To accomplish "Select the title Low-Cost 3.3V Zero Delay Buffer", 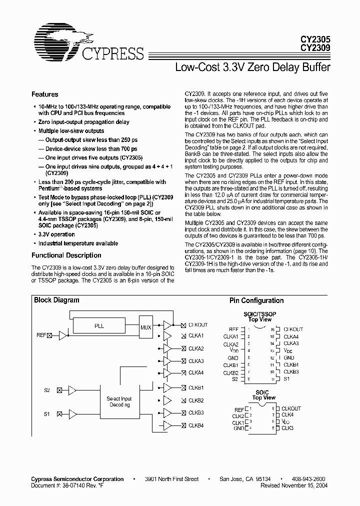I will (x=252, y=66).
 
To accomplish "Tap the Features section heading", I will (x=44, y=94).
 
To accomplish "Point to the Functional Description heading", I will (x=66, y=255).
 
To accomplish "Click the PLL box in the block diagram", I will (x=99, y=325).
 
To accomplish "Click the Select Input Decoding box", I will (x=119, y=401).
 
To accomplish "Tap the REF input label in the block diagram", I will (x=41, y=335).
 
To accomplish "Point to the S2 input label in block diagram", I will (x=46, y=389).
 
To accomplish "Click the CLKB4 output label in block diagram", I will (x=196, y=425).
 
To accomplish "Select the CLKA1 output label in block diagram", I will (x=196, y=336).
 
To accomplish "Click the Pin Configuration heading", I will (x=256, y=300).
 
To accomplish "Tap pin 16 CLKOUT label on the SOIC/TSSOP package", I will (x=293, y=329).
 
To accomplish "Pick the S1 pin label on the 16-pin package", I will (x=287, y=379).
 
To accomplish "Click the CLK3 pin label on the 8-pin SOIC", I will (x=287, y=428).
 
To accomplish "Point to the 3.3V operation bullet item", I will (x=56, y=234).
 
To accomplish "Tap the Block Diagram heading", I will (x=56, y=300).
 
